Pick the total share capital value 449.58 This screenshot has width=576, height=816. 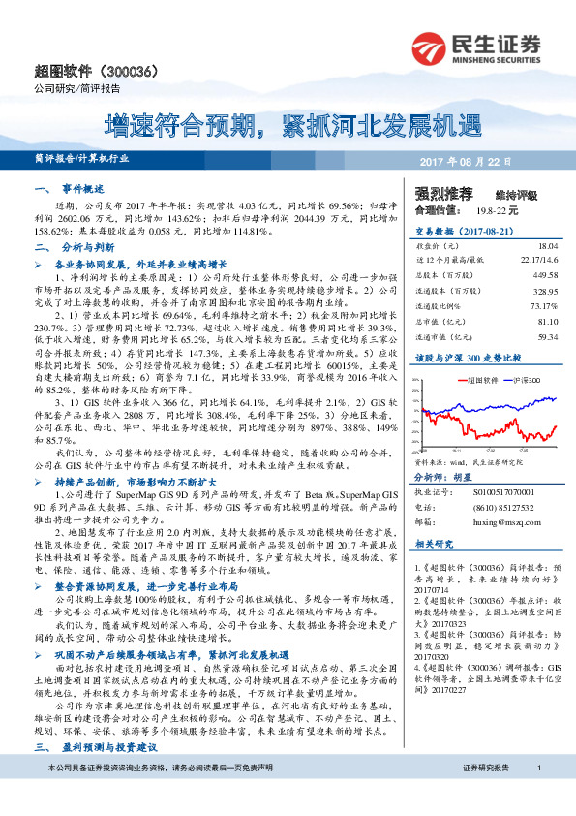click(x=543, y=276)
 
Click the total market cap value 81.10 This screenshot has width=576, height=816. click(x=545, y=321)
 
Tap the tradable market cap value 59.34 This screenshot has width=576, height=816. click(x=545, y=336)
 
